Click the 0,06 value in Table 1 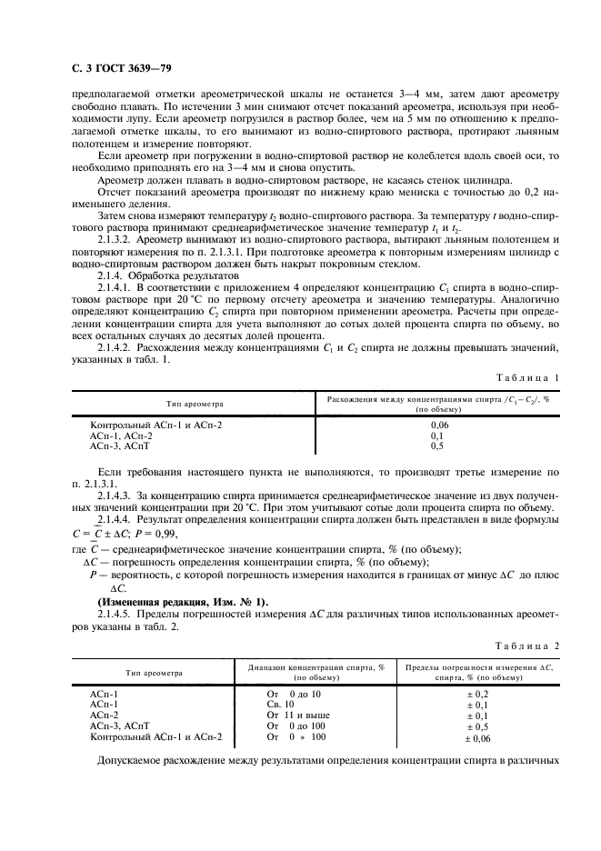coord(436,425)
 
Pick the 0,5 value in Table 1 coord(436,446)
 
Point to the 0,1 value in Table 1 coord(436,436)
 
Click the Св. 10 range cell coord(280,705)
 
